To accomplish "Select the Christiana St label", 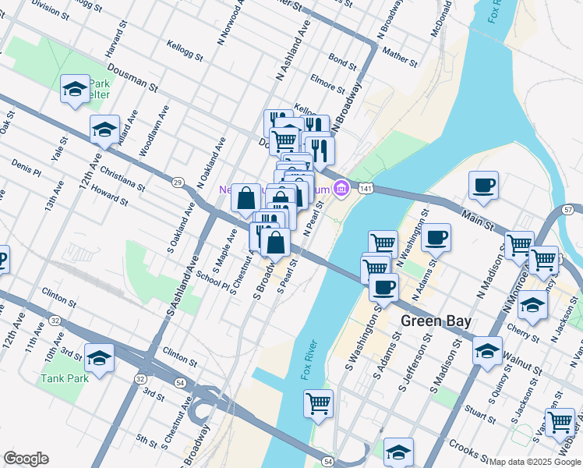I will click(121, 178).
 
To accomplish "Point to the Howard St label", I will click(109, 196).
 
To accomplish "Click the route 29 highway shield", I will click(178, 182).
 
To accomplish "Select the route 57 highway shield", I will click(567, 210).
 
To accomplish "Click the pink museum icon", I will click(341, 188).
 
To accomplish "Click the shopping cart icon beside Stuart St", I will click(560, 422).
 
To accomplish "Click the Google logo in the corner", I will click(26, 459).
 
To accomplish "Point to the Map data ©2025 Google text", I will click(535, 462).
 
